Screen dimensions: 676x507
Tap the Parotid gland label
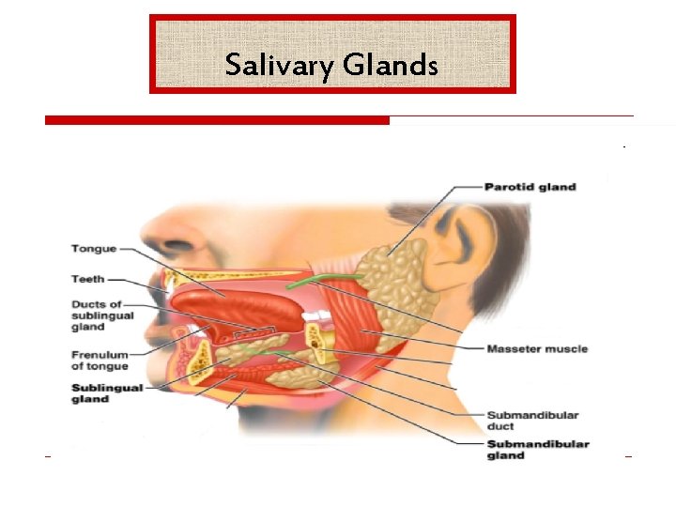point(530,187)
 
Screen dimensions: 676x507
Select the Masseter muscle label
point(536,349)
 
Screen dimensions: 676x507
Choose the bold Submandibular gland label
point(538,450)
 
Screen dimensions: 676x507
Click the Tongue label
point(94,249)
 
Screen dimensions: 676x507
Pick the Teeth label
point(87,279)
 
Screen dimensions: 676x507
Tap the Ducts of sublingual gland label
point(102,315)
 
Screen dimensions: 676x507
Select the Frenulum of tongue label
point(100,361)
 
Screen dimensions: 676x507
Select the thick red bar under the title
point(217,120)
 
